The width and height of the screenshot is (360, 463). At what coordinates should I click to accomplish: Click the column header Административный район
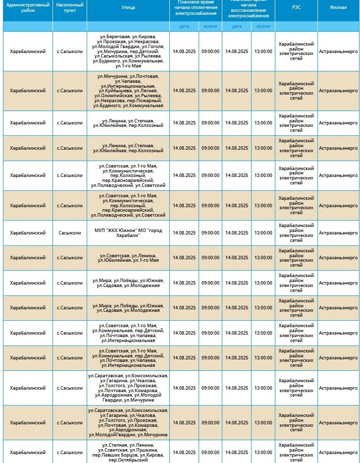tap(28, 7)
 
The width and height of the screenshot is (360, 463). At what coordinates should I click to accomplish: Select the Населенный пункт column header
tap(70, 7)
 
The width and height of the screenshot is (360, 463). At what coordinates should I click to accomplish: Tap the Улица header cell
tap(128, 7)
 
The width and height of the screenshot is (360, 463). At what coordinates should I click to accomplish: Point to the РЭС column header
tap(296, 7)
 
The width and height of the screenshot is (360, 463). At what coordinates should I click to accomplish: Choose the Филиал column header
tap(338, 7)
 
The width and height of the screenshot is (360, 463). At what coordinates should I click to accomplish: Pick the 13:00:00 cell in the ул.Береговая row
tap(263, 51)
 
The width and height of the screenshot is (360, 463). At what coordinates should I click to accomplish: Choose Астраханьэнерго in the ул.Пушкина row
tap(338, 453)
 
